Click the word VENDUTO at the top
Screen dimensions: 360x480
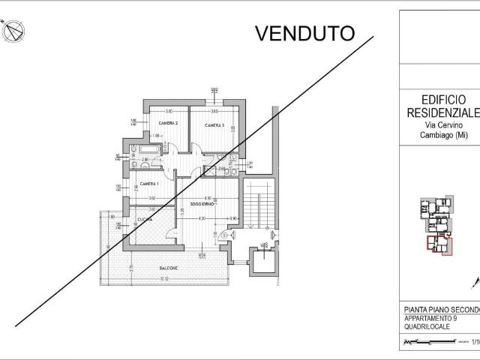pos(304,33)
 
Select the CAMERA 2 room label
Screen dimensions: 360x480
pos(167,123)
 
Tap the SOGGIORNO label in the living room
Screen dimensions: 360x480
pos(202,204)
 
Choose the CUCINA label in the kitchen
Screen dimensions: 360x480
pos(145,219)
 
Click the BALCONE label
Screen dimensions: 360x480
pos(169,268)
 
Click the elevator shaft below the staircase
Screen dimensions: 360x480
pos(264,260)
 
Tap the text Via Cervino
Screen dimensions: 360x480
pos(440,124)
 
